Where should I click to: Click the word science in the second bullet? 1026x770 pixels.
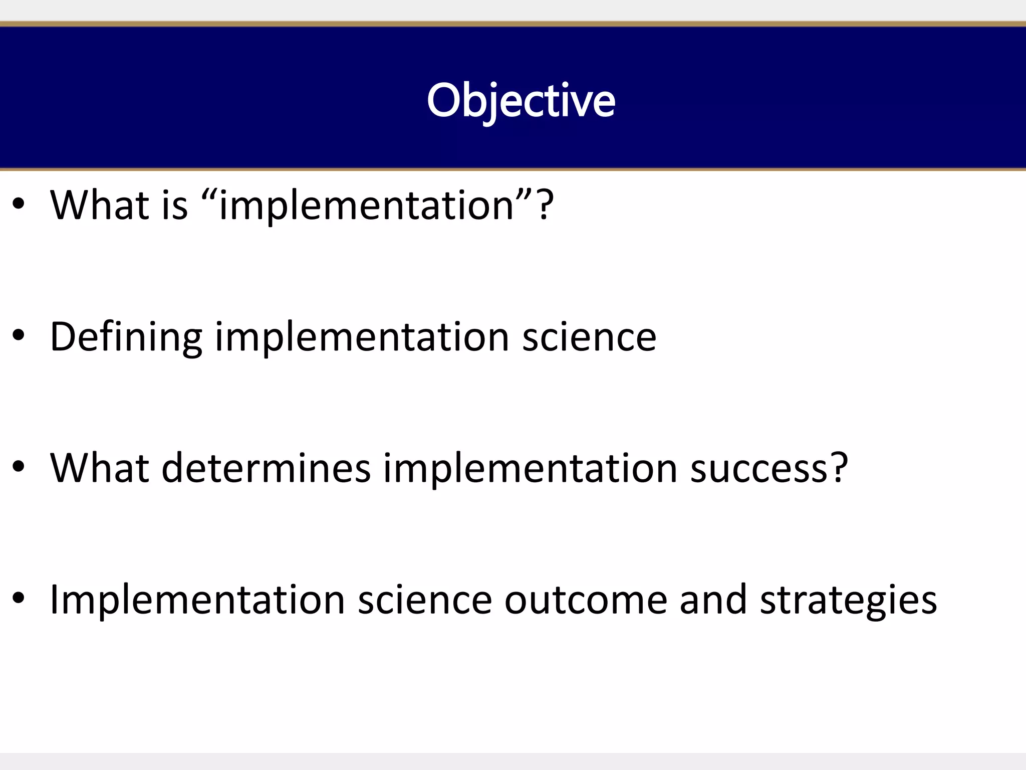tap(589, 337)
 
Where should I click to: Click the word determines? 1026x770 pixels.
tap(266, 468)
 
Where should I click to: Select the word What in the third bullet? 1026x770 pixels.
tap(100, 468)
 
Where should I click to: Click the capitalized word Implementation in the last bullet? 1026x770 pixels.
tap(197, 600)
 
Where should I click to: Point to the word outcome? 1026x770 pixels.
tap(586, 600)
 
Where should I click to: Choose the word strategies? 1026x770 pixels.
tap(848, 601)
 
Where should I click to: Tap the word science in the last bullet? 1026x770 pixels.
tap(425, 600)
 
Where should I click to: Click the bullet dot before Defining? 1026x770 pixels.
tap(19, 336)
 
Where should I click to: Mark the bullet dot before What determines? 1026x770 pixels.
tap(19, 468)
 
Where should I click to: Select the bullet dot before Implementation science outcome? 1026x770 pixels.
tap(19, 599)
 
